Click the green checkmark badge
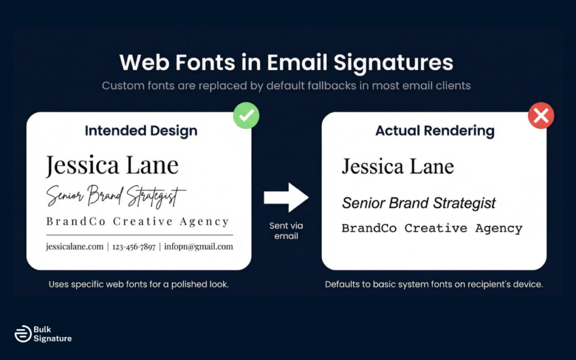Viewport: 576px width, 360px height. (246, 116)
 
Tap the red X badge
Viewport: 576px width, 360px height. (541, 116)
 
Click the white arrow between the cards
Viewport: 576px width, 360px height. (286, 197)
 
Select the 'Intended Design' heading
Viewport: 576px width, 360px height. (141, 131)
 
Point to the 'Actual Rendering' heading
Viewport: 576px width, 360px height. (435, 131)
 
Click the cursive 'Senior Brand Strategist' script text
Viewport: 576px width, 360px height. (116, 196)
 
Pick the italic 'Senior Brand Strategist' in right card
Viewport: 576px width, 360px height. (418, 203)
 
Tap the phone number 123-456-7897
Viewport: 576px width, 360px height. (134, 246)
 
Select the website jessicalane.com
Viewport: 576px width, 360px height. (75, 246)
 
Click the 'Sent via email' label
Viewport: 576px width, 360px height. (286, 231)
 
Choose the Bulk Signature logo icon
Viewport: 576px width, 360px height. (22, 334)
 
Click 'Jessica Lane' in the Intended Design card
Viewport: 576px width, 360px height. (112, 165)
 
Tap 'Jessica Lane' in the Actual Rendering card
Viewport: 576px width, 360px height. (398, 166)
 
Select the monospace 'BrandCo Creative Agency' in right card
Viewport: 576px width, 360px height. (432, 228)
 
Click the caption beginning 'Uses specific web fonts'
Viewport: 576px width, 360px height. (138, 284)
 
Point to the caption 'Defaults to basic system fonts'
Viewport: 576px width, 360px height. (434, 284)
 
